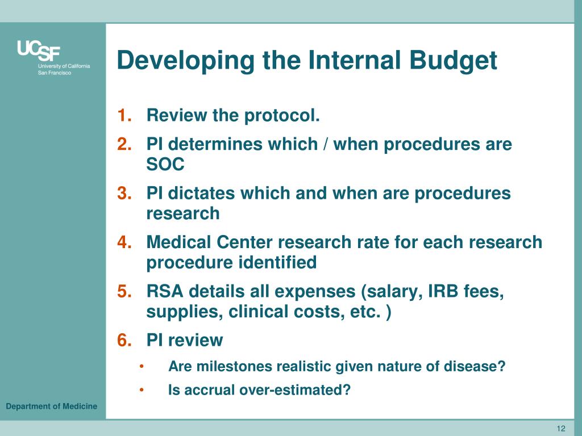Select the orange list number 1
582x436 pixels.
pyautogui.click(x=125, y=116)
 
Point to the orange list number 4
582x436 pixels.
pyautogui.click(x=125, y=242)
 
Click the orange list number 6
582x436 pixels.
pyautogui.click(x=125, y=341)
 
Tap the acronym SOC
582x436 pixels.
pyautogui.click(x=165, y=165)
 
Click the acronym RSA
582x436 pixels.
pyautogui.click(x=165, y=292)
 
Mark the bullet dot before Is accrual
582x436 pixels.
pyautogui.click(x=142, y=391)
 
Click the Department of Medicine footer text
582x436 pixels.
pyautogui.click(x=52, y=406)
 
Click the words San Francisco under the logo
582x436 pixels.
pyautogui.click(x=55, y=73)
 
